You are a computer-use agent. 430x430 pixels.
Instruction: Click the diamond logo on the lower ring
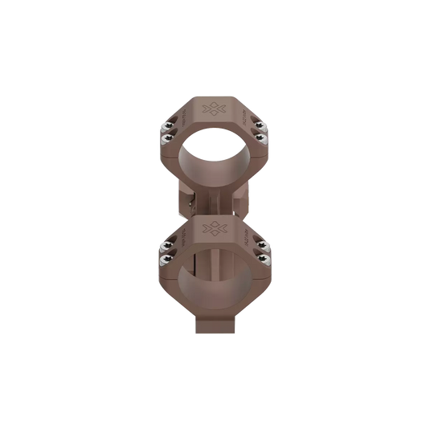coord(215,227)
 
